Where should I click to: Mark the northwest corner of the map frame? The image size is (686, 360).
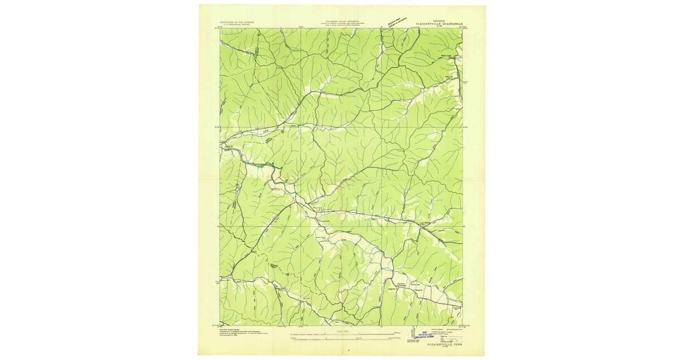coord(220,29)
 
